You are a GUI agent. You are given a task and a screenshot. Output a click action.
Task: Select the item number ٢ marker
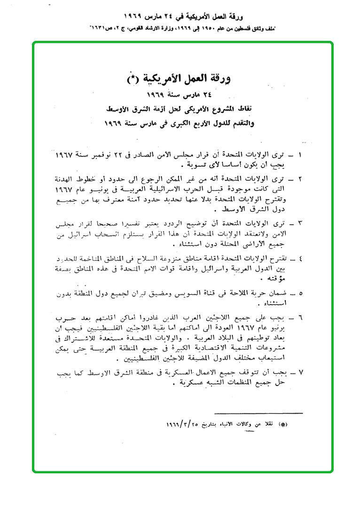(x=300, y=179)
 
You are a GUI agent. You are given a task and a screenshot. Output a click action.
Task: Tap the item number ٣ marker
(x=300, y=223)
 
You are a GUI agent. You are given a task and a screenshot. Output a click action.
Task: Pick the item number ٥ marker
(x=300, y=294)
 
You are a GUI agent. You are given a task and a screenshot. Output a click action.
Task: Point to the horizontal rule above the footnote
(x=258, y=413)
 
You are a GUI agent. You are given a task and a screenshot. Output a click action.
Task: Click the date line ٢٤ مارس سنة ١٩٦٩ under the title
(x=183, y=96)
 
